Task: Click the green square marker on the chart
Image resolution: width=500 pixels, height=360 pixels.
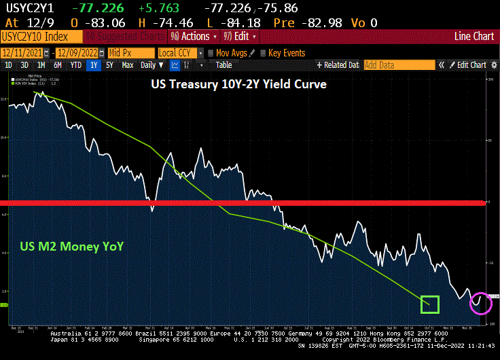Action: tap(429, 304)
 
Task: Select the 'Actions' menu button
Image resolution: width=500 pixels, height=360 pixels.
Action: tap(192, 36)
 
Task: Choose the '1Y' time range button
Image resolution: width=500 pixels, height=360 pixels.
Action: tap(93, 65)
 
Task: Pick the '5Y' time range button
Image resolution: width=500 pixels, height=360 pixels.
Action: tap(110, 65)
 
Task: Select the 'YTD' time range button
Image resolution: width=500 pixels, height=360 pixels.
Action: tap(75, 65)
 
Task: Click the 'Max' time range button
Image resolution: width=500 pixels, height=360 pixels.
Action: tap(128, 65)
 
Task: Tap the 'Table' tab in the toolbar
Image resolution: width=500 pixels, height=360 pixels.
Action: tap(224, 65)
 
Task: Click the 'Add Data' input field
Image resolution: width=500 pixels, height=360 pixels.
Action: tap(399, 65)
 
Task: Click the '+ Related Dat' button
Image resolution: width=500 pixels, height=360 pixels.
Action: tap(338, 65)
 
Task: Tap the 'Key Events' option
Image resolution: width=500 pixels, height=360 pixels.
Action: tap(286, 53)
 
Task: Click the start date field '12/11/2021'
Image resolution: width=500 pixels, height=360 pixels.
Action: tap(25, 53)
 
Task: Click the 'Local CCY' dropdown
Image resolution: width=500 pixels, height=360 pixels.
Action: tap(179, 53)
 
